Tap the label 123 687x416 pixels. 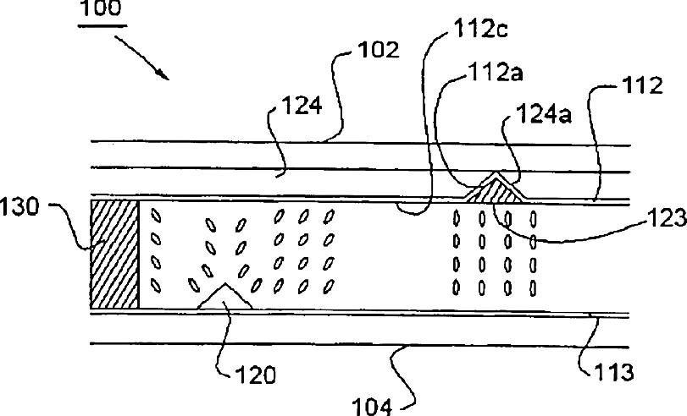tap(665, 221)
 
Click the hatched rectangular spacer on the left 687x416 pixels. tap(114, 253)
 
